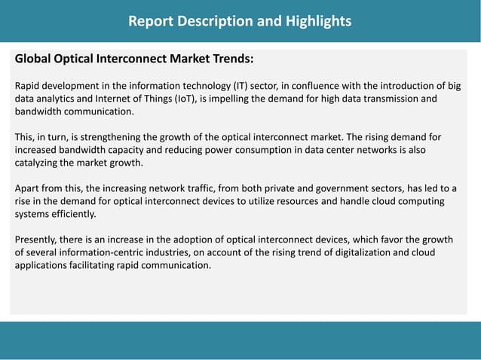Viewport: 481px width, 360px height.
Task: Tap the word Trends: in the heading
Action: [230, 59]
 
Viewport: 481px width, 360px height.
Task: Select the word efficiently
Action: [73, 214]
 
